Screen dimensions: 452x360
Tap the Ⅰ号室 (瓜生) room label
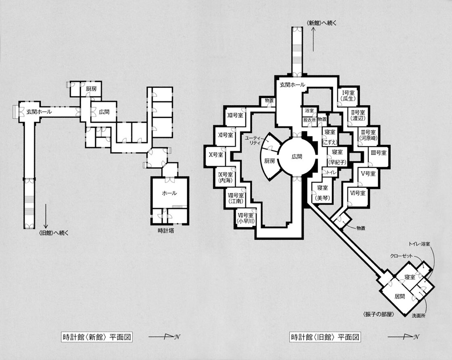(346, 95)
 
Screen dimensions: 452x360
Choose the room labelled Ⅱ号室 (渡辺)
(358, 115)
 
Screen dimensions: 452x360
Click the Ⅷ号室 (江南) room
(235, 198)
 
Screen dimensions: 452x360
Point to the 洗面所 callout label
(419, 315)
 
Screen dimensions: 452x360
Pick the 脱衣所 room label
(309, 119)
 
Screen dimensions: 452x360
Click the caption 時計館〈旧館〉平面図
(325, 337)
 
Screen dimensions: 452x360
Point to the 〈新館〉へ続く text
(321, 23)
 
